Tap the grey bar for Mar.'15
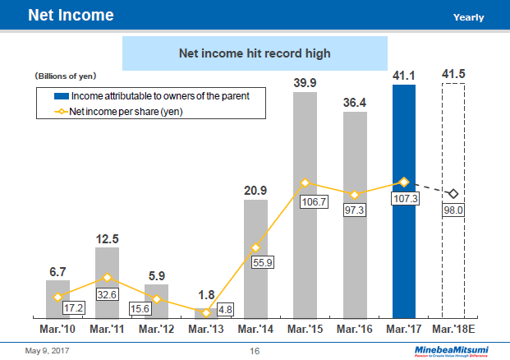click(x=305, y=247)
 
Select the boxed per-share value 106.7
click(x=306, y=202)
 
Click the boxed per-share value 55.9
click(x=256, y=263)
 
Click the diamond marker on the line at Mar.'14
click(x=255, y=247)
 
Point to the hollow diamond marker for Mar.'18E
click(x=453, y=193)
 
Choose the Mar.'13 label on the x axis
click(x=205, y=329)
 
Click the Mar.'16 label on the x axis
click(x=355, y=329)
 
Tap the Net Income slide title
click(x=71, y=16)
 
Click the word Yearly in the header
click(x=468, y=17)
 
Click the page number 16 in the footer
click(x=255, y=352)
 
